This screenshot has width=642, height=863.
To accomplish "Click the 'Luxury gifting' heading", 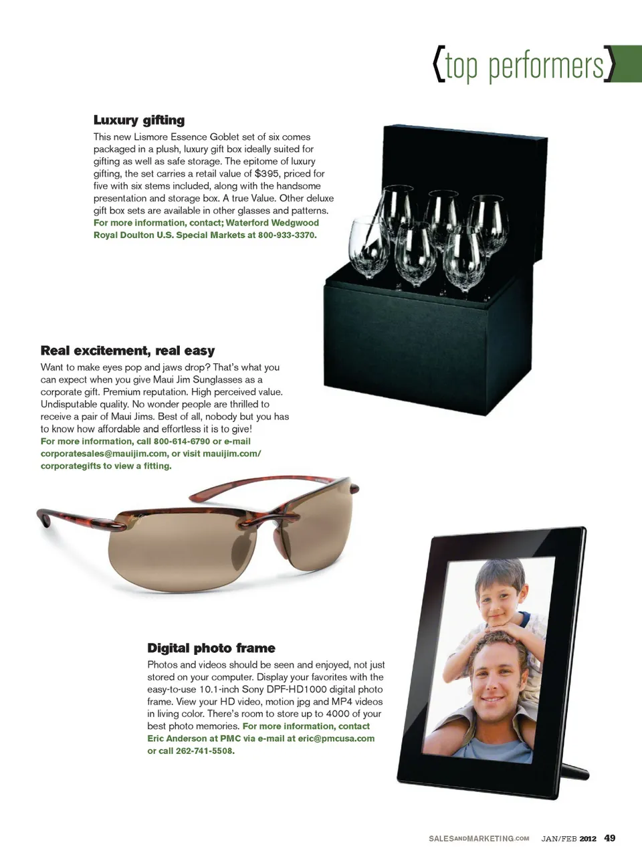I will pos(139,120).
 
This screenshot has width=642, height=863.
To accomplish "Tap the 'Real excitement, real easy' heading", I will pos(128,351).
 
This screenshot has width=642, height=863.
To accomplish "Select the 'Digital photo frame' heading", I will pos(211,648).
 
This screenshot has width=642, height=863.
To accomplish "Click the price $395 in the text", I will pos(267,173).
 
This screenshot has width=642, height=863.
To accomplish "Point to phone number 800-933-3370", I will pos(286,235).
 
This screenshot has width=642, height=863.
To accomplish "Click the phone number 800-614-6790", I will pos(182,442).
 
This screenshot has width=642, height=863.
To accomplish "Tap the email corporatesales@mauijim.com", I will pos(104,454).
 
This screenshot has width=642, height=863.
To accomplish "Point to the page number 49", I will pos(609,838).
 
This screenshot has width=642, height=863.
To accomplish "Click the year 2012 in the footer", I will pos(588,839).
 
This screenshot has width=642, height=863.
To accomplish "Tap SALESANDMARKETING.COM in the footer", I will pos(479,839).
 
